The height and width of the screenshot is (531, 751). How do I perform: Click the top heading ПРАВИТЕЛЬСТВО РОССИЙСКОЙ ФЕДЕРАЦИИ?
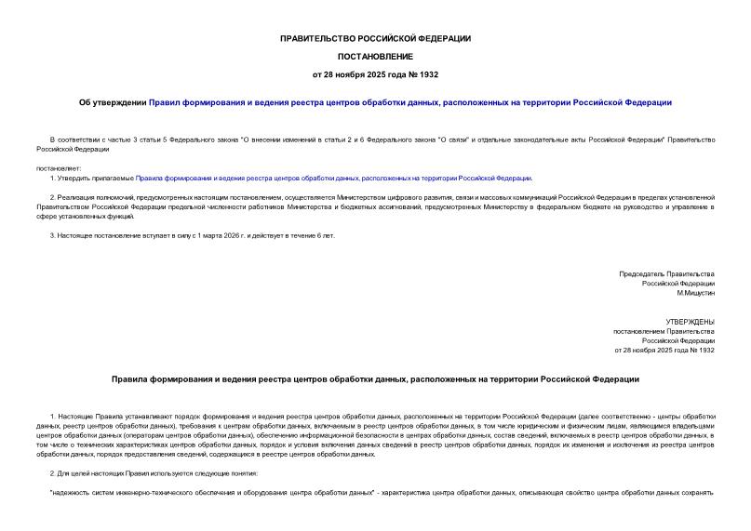tap(375, 38)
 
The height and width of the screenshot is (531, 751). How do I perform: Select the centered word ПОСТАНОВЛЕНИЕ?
tap(375, 56)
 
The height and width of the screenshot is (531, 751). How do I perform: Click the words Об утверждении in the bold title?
tap(112, 102)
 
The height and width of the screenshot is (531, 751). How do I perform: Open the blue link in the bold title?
tap(409, 102)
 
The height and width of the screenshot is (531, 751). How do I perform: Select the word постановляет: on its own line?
tap(59, 168)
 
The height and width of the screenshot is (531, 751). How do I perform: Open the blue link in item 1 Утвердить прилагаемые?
tap(333, 178)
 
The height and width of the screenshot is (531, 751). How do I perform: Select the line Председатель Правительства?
tap(666, 273)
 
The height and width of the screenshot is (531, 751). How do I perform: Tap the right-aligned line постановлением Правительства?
tap(663, 331)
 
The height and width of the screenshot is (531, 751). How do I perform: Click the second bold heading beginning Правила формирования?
tap(375, 379)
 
